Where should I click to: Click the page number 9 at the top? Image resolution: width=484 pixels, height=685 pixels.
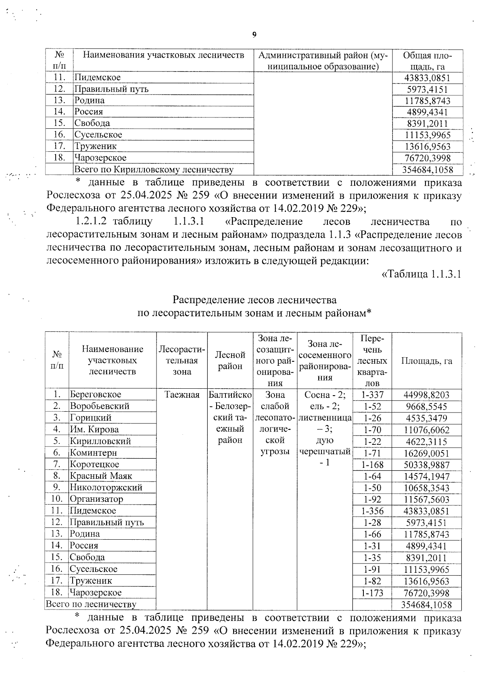click(x=254, y=35)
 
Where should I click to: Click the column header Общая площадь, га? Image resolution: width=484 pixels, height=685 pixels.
click(x=427, y=61)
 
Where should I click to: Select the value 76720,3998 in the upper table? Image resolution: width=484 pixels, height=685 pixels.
click(x=427, y=158)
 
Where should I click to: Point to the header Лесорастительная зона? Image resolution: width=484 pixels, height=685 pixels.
click(x=182, y=360)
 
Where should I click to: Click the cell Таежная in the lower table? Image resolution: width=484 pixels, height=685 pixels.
click(x=182, y=395)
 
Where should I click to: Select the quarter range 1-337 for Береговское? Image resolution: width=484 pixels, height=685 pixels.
click(x=372, y=395)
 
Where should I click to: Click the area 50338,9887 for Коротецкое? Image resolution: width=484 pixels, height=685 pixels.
click(x=426, y=465)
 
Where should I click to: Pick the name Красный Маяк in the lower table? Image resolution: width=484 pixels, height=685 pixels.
click(x=101, y=476)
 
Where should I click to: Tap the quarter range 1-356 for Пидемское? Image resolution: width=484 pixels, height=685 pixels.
click(x=372, y=511)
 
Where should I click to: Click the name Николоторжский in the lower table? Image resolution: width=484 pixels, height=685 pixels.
click(x=106, y=488)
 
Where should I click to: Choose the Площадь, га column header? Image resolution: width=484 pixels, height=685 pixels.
click(x=426, y=361)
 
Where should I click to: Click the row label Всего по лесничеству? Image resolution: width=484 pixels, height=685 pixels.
click(x=91, y=604)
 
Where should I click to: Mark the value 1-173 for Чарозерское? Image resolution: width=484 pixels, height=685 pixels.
click(x=372, y=593)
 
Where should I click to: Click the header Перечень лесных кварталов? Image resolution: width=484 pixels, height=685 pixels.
click(x=372, y=360)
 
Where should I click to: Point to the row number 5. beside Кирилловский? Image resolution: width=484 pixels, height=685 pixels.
click(x=57, y=441)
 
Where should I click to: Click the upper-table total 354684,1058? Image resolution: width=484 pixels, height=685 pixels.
click(x=427, y=170)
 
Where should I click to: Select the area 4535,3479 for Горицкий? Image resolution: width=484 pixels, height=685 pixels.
click(x=426, y=418)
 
